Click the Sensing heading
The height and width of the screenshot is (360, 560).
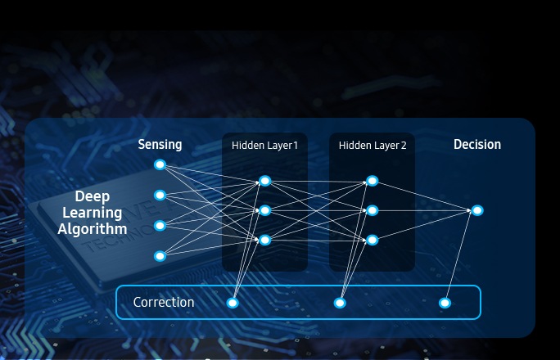pyautogui.click(x=160, y=145)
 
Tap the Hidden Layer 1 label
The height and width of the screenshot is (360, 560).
pyautogui.click(x=264, y=146)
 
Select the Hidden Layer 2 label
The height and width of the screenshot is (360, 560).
pyautogui.click(x=373, y=146)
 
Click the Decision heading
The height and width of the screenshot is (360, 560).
pyautogui.click(x=477, y=145)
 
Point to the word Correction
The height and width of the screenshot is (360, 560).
pyautogui.click(x=164, y=303)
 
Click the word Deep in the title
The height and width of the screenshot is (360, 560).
pyautogui.click(x=92, y=196)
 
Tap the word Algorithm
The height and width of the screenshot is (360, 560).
pyautogui.click(x=92, y=230)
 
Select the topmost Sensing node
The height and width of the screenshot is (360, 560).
pyautogui.click(x=160, y=165)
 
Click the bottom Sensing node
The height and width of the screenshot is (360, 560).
pyautogui.click(x=160, y=256)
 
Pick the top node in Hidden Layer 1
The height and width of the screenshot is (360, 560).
pyautogui.click(x=264, y=181)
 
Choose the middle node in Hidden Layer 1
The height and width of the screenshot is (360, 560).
pyautogui.click(x=264, y=210)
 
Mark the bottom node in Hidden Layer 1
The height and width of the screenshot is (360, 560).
pyautogui.click(x=264, y=240)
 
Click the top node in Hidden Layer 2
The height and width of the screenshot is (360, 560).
pyautogui.click(x=373, y=181)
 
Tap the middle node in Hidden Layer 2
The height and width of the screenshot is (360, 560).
pyautogui.click(x=373, y=210)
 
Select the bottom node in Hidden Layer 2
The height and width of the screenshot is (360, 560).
pyautogui.click(x=373, y=240)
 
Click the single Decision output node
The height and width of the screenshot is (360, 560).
pyautogui.click(x=477, y=210)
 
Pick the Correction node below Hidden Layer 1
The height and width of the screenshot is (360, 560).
pyautogui.click(x=233, y=303)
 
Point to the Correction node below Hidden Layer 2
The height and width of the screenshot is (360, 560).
pyautogui.click(x=340, y=303)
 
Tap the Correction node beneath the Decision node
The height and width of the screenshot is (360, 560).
pyautogui.click(x=445, y=303)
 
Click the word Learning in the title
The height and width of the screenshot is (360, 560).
pyautogui.click(x=92, y=214)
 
